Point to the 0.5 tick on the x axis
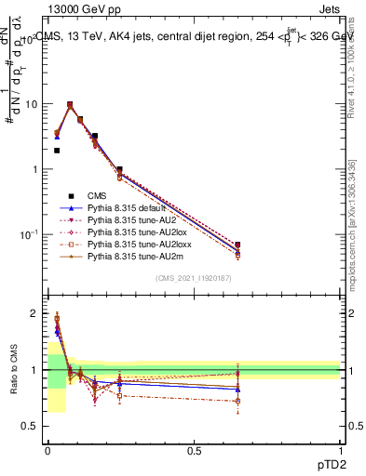194,450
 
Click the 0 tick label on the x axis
47,450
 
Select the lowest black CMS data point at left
57,150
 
